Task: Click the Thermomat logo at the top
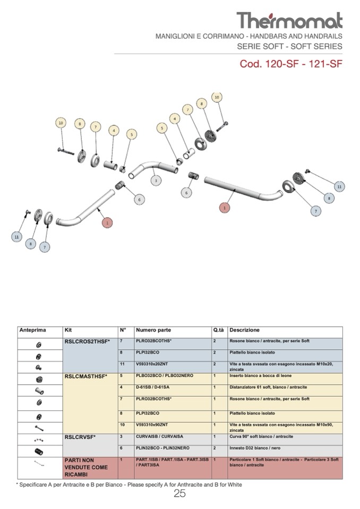coord(289,20)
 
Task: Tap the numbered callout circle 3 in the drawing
coord(156,181)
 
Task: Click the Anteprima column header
coord(33,330)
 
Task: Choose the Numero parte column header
coord(153,330)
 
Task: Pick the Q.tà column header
coord(219,330)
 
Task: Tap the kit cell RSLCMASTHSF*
coord(86,376)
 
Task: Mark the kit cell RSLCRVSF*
coord(80,437)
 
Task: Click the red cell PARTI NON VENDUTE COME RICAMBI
coord(86,467)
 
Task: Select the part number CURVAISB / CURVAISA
coord(160,437)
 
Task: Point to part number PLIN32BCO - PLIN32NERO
coord(163,448)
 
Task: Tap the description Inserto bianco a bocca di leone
coord(260,376)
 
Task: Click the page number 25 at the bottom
coord(179,494)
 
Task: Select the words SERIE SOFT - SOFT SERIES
coord(289,46)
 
